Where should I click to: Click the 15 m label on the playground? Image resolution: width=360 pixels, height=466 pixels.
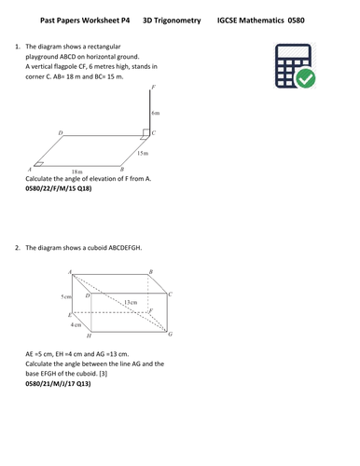pos(141,152)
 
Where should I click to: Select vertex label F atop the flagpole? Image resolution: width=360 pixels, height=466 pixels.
pos(153,86)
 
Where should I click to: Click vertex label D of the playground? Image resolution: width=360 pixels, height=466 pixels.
pos(61,133)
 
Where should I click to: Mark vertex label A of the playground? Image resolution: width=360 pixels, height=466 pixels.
pos(29,170)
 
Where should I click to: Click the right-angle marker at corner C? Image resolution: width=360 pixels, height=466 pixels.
pos(146,132)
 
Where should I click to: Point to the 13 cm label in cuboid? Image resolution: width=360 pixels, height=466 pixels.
pos(132,302)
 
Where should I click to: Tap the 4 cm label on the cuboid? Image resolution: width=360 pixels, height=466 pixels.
pos(76,325)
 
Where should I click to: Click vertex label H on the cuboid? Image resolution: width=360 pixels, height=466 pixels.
pos(88,336)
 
